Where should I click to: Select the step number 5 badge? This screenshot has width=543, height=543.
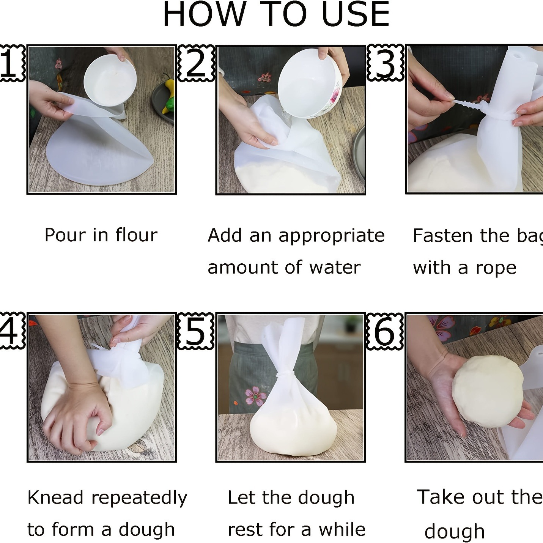[x=195, y=331]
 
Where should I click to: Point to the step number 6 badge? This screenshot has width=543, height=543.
[x=384, y=331]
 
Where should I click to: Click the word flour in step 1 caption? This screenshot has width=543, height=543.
[x=136, y=235]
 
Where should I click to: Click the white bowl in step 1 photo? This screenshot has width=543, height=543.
[x=110, y=80]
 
